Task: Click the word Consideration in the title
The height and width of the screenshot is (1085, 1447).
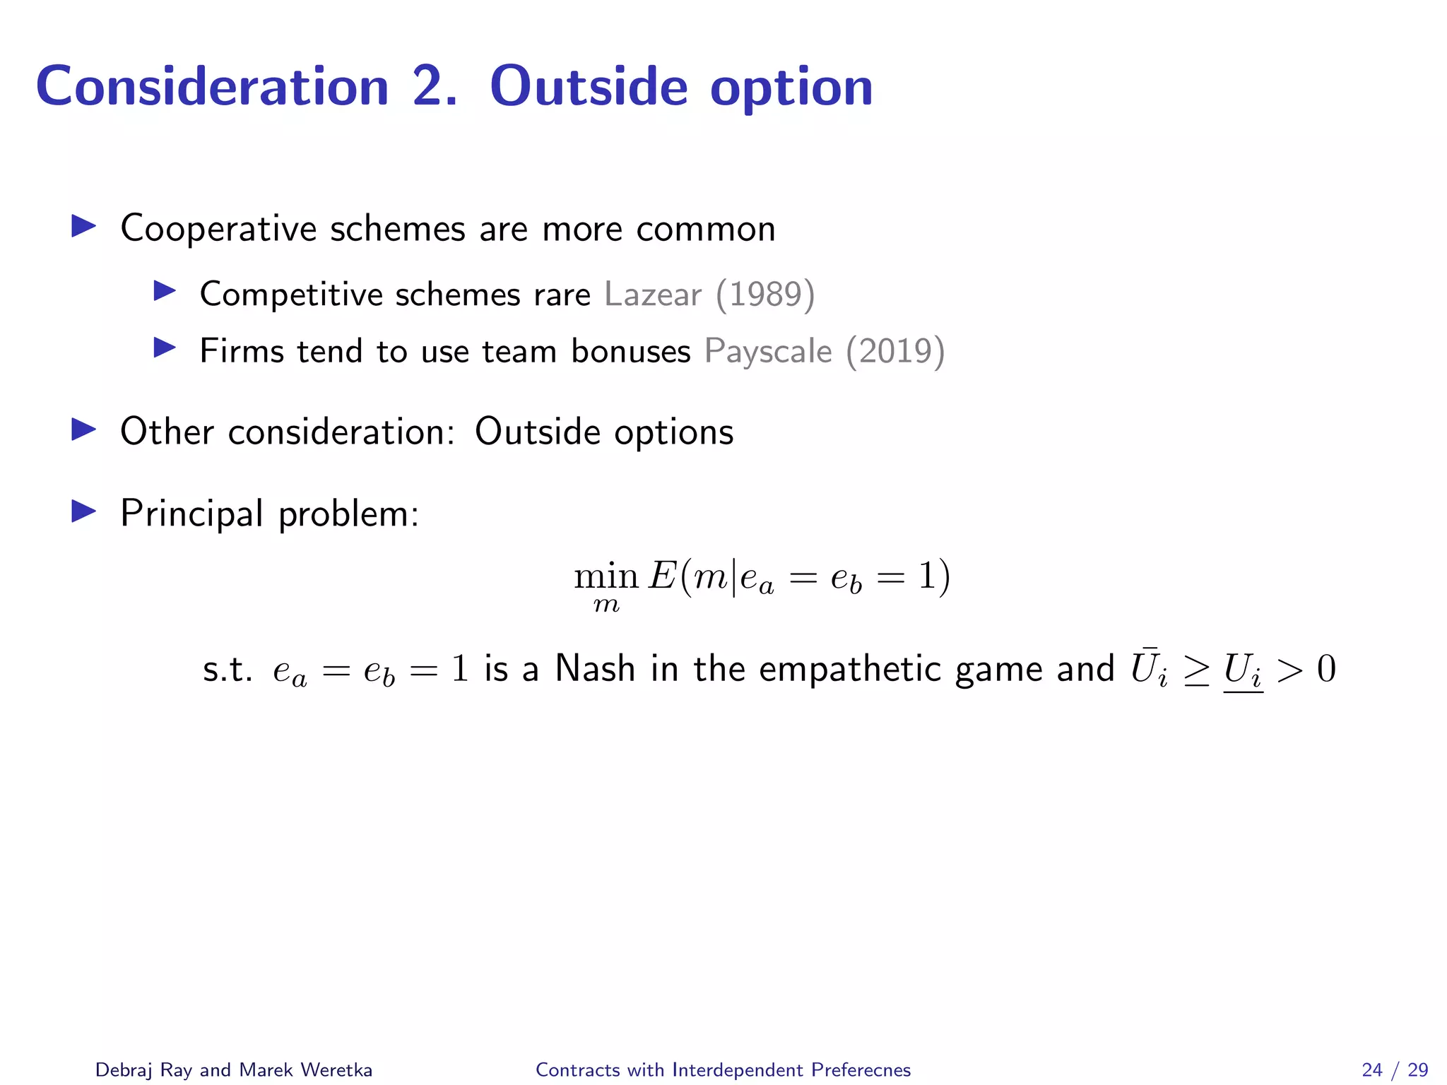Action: (x=212, y=87)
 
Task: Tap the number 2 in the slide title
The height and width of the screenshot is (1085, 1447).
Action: (x=429, y=87)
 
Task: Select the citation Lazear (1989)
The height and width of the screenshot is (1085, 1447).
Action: (x=709, y=294)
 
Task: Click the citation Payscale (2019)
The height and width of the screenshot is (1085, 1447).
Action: (x=825, y=351)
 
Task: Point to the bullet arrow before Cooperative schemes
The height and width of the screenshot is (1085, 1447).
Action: (x=84, y=227)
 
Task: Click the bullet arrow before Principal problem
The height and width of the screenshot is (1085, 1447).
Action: (x=84, y=511)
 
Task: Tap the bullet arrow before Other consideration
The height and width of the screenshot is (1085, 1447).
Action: (x=84, y=429)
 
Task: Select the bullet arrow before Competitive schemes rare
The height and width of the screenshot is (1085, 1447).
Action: (x=165, y=291)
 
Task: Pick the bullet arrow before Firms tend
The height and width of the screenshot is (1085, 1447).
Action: (x=165, y=348)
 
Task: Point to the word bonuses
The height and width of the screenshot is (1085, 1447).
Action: (x=630, y=351)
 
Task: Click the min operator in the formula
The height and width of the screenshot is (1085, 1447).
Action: (x=606, y=577)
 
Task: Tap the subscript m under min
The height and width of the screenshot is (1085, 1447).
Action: (x=606, y=605)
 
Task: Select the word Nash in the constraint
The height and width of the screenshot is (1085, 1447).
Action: (x=595, y=668)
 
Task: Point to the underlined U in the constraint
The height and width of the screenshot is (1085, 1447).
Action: (x=1241, y=670)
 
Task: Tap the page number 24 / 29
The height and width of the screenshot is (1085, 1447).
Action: (x=1395, y=1070)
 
